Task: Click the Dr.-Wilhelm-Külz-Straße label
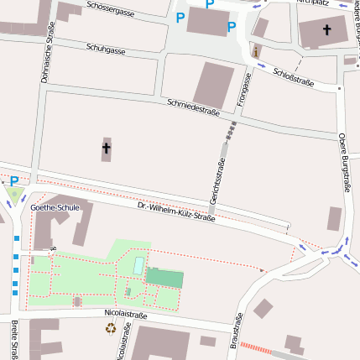[176, 212]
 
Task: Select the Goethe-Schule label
[55, 206]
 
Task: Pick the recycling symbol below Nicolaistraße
[111, 328]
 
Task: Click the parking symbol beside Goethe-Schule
[13, 181]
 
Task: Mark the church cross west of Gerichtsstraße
[107, 149]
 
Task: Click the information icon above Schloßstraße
[256, 52]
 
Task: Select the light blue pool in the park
[138, 265]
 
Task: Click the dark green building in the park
[164, 278]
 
